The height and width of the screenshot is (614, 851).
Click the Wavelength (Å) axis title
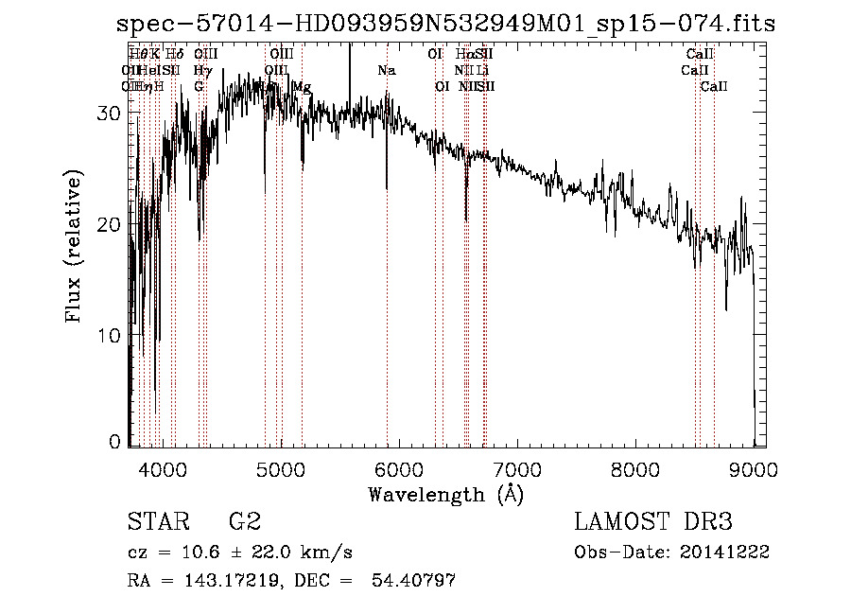click(x=445, y=494)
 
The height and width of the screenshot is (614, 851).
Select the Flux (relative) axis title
click(x=73, y=246)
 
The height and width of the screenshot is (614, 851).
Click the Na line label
click(x=386, y=71)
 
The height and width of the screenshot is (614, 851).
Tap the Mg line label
click(x=302, y=87)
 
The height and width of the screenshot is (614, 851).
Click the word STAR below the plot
click(x=156, y=522)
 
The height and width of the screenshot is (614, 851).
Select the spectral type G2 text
click(x=244, y=522)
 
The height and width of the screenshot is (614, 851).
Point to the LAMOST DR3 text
click(x=653, y=522)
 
